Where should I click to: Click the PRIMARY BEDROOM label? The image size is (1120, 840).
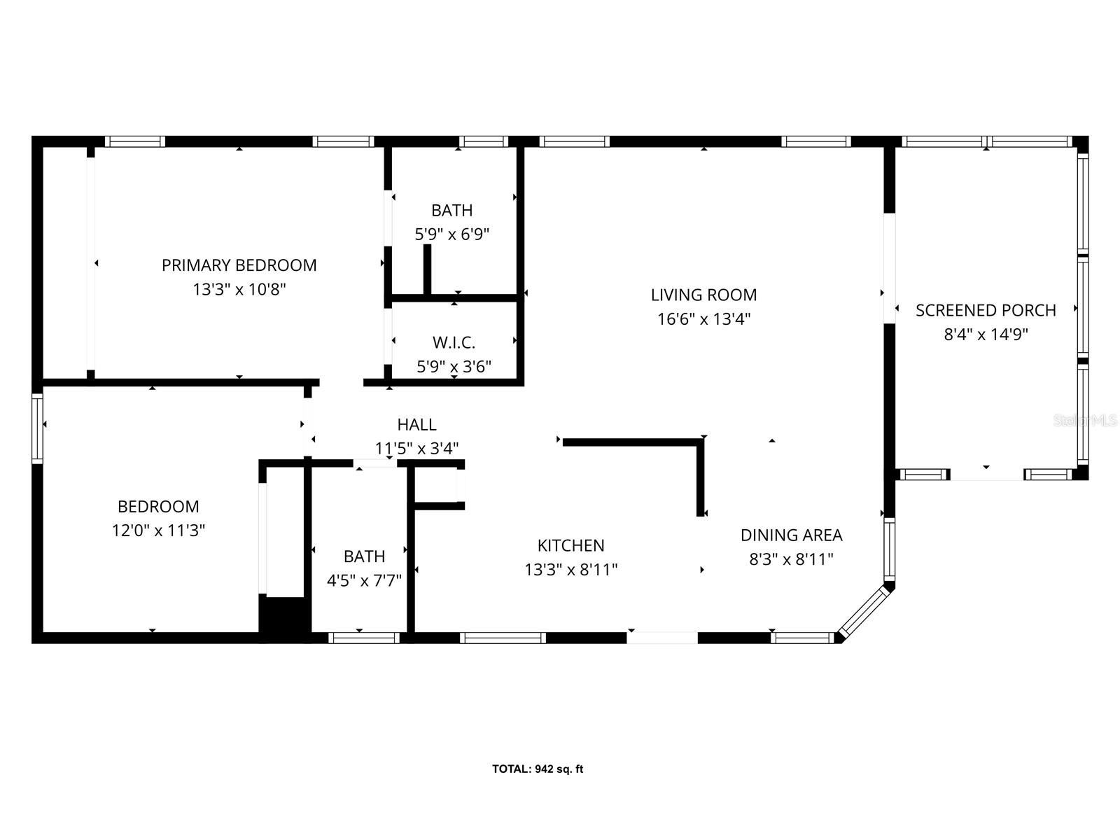[239, 265]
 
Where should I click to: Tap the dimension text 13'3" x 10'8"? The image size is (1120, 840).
[239, 289]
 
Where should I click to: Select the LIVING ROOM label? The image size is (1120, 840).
[703, 295]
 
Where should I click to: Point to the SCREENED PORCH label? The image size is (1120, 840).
[986, 310]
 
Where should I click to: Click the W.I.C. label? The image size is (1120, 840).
[454, 342]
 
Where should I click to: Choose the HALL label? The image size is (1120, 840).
[416, 424]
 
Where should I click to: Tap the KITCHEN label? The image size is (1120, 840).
[570, 545]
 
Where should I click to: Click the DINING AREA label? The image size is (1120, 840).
[791, 535]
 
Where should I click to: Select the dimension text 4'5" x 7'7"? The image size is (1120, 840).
[364, 580]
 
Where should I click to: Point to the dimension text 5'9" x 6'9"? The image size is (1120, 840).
[451, 234]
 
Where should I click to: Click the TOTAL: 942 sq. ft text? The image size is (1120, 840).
[537, 769]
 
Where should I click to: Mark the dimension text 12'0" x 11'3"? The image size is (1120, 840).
[158, 531]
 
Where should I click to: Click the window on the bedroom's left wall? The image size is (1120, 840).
[37, 428]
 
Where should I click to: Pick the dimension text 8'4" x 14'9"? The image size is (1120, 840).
[986, 335]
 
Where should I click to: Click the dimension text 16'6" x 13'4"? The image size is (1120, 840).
[703, 319]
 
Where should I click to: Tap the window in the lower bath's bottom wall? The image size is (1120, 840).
[363, 638]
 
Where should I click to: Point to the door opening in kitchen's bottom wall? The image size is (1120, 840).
[662, 638]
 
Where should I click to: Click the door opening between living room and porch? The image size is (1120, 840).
[889, 268]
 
